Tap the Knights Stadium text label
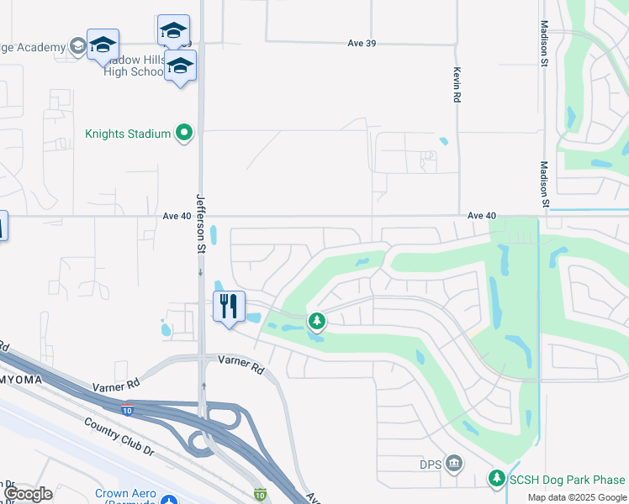[x=129, y=134]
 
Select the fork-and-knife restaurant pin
[x=229, y=307]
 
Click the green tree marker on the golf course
[x=316, y=320]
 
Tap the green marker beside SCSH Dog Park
[x=497, y=479]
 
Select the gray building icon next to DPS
[x=454, y=463]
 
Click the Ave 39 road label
[x=361, y=43]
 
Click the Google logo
[x=28, y=494]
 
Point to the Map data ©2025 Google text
[x=577, y=497]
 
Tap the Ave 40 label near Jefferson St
[x=177, y=216]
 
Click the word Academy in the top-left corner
[x=36, y=47]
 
